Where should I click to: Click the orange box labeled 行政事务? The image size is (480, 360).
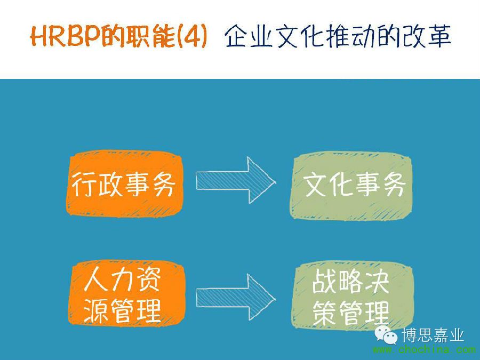click(125, 183)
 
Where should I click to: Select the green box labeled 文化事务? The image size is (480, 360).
click(351, 186)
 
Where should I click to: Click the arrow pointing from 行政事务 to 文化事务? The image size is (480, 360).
click(236, 180)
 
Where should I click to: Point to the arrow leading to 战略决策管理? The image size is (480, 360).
click(236, 297)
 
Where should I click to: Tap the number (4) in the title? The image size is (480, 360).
click(191, 37)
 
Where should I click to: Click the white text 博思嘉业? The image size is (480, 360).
click(433, 335)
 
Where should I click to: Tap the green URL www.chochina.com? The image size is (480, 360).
click(424, 349)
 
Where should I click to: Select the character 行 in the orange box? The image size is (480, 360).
click(84, 183)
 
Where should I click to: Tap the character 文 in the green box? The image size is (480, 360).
click(315, 185)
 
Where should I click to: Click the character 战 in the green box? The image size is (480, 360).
click(324, 281)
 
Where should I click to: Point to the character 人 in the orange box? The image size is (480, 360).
click(95, 279)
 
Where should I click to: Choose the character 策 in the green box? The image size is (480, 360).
click(324, 313)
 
